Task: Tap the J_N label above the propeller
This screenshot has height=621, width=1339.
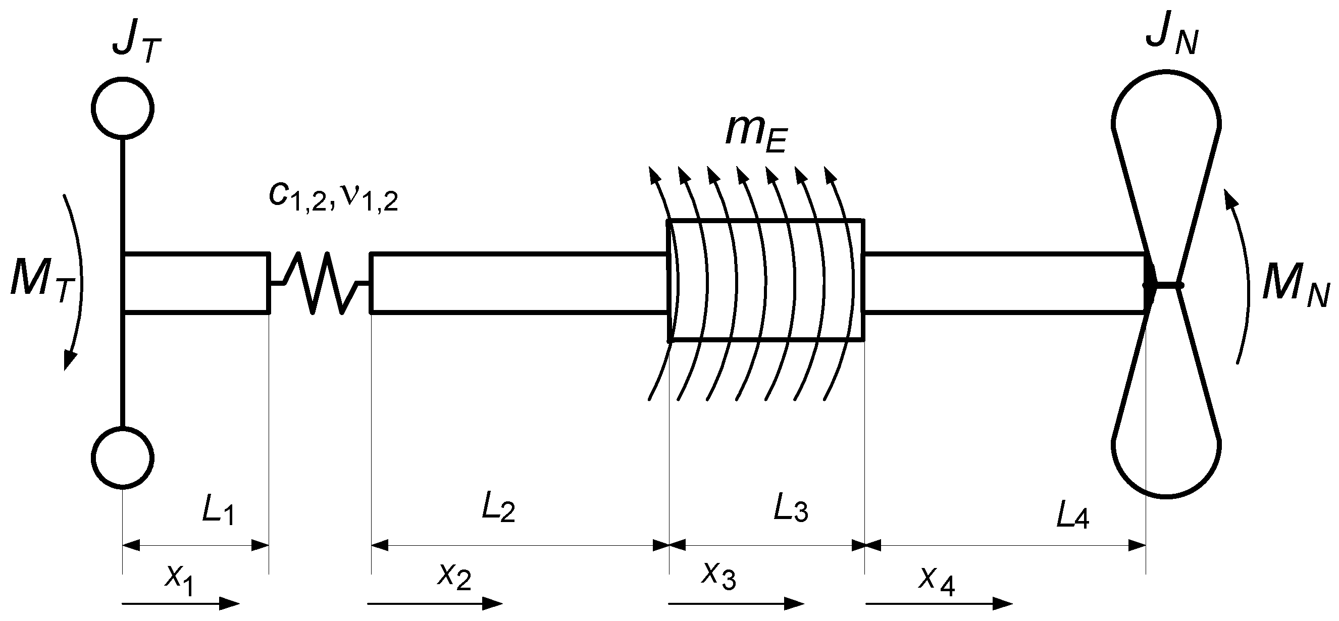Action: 1171,37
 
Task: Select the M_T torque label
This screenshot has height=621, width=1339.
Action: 41,286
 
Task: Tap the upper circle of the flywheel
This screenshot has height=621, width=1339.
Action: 123,108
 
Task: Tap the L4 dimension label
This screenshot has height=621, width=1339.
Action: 1072,516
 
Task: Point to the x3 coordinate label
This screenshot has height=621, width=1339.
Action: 719,575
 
